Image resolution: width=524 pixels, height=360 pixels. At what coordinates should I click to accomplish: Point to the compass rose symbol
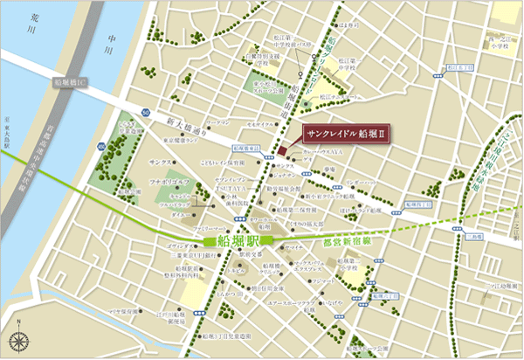(19, 341)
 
